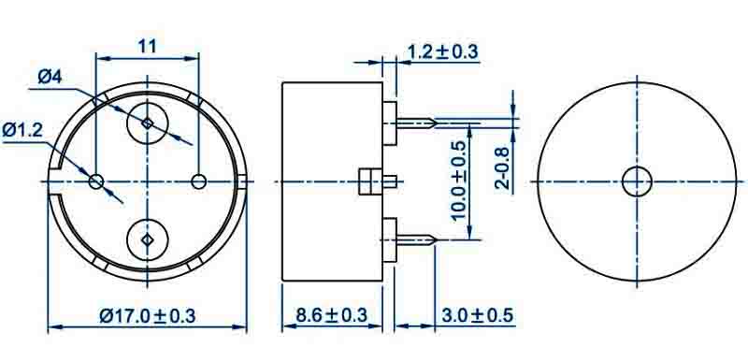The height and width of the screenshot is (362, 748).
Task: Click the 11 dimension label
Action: pyautogui.click(x=147, y=46)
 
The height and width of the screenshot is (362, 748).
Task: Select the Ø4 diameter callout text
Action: pyautogui.click(x=50, y=77)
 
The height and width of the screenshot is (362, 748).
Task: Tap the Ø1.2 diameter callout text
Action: pyautogui.click(x=22, y=130)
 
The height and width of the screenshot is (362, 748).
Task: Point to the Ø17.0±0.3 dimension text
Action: pyautogui.click(x=148, y=316)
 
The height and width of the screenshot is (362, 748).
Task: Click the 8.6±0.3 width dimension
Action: pyautogui.click(x=332, y=315)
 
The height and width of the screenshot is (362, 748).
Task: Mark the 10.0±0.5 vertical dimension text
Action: pyautogui.click(x=459, y=181)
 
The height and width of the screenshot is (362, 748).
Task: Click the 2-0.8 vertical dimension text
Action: pyautogui.click(x=502, y=167)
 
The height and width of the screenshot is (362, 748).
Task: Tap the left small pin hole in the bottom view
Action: pyautogui.click(x=96, y=181)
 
